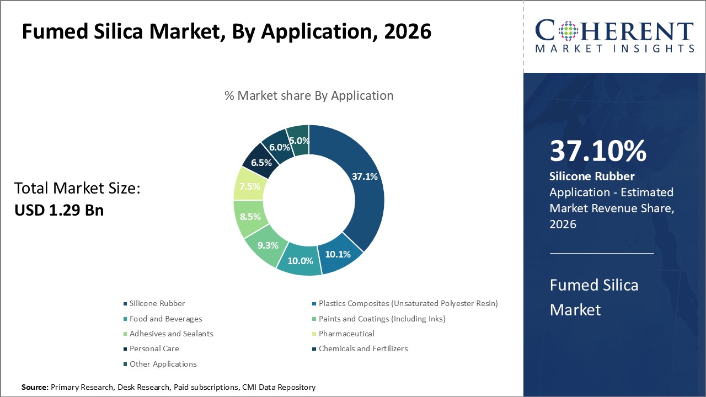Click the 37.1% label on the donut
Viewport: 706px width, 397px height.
pos(365,176)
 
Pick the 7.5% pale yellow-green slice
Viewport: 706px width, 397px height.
pos(249,186)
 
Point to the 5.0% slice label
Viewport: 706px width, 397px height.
pos(299,141)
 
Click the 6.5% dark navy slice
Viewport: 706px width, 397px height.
pos(261,163)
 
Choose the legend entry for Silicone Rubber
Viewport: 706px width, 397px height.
pos(157,303)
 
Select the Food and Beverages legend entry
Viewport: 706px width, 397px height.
pos(165,319)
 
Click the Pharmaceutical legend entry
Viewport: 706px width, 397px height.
pos(346,334)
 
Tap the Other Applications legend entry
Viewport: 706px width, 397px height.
pos(163,364)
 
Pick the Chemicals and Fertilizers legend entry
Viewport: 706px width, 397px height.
pos(363,348)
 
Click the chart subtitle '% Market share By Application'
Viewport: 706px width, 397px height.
pos(309,95)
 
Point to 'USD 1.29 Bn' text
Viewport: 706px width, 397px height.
pos(59,210)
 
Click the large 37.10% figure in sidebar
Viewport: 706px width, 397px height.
pos(598,152)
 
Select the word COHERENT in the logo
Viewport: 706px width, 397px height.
pos(614,31)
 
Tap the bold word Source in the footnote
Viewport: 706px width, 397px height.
pos(35,388)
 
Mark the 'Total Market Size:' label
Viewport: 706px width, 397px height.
pos(77,189)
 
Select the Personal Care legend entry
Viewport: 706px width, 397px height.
pos(154,348)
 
